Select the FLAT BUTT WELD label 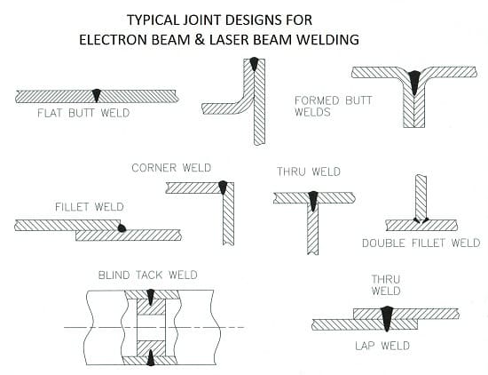pyautogui.click(x=83, y=113)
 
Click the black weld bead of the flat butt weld pyautogui.click(x=97, y=95)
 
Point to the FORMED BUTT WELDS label pyautogui.click(x=333, y=107)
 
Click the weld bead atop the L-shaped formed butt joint pyautogui.click(x=255, y=63)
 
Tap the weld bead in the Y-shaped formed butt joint pyautogui.click(x=414, y=82)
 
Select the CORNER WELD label pyautogui.click(x=171, y=168)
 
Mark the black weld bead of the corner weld pyautogui.click(x=223, y=187)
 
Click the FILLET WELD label pyautogui.click(x=90, y=207)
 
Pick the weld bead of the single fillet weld pyautogui.click(x=122, y=227)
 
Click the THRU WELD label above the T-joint pyautogui.click(x=309, y=172)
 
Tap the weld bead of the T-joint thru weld pyautogui.click(x=313, y=201)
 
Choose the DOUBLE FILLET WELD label pyautogui.click(x=421, y=243)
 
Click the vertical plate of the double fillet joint pyautogui.click(x=421, y=197)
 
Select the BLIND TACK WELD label pyautogui.click(x=147, y=275)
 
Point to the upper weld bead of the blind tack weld pyautogui.click(x=151, y=297)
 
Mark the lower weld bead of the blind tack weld pyautogui.click(x=151, y=358)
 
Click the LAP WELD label pyautogui.click(x=382, y=346)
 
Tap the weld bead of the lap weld pyautogui.click(x=387, y=318)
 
